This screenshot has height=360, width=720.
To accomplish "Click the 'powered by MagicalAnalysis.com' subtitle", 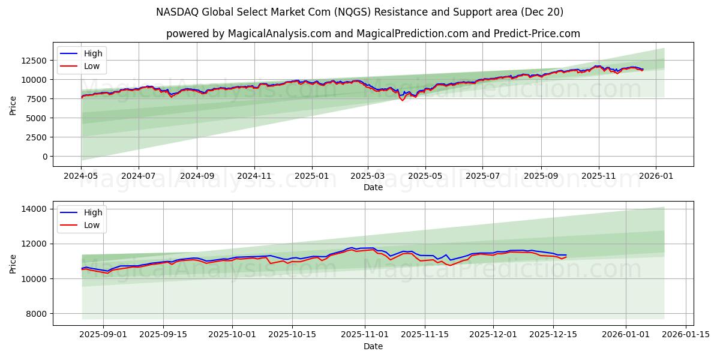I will pos(373,34).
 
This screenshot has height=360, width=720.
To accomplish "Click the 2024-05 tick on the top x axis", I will pos(81,176).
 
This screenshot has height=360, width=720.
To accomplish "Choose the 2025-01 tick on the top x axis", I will pos(312,176).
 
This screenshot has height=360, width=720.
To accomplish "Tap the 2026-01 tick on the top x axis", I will pos(655,176).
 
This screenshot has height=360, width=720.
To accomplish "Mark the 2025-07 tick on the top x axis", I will pos(482,176).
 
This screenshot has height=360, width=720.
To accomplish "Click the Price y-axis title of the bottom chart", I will pos(13,263).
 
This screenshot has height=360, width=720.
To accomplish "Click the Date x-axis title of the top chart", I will pos(373,187).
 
